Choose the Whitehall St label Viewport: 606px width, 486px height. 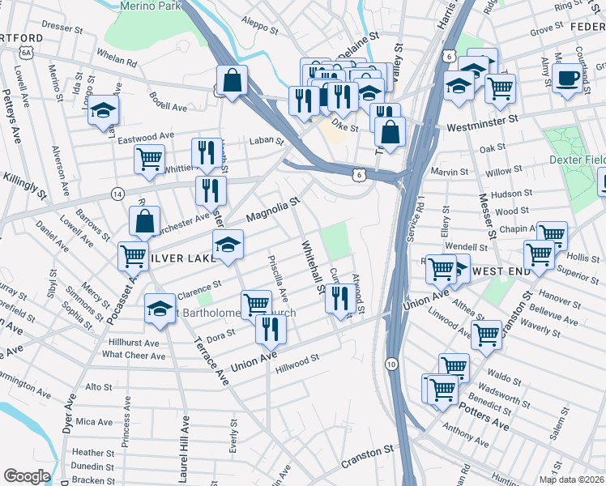tap(312, 266)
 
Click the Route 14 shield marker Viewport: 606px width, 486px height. tap(118, 194)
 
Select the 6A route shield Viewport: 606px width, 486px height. tap(27, 52)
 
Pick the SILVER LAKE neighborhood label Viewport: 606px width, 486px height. tap(171, 258)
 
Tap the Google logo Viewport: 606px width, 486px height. tap(26, 475)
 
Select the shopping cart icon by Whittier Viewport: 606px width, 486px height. tap(149, 159)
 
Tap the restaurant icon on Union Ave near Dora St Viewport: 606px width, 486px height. tap(270, 328)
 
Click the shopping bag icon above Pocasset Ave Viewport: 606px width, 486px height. tap(144, 220)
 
